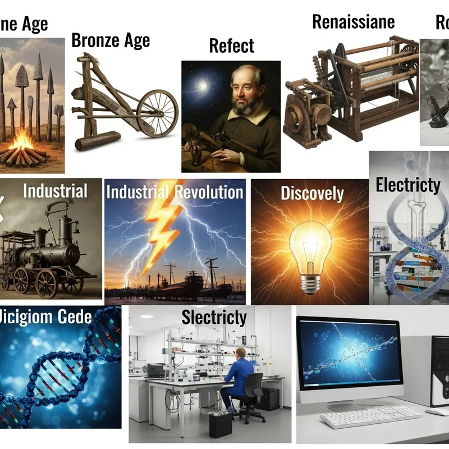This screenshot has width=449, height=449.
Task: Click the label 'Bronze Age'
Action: click(111, 40)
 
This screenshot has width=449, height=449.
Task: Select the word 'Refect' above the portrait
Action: click(231, 45)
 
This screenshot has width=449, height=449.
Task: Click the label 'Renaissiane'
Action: click(353, 22)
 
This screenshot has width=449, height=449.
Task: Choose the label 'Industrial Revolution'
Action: click(175, 192)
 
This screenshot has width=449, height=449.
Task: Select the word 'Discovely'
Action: click(312, 194)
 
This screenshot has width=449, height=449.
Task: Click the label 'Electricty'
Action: click(407, 185)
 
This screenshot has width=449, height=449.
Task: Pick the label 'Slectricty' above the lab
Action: click(214, 317)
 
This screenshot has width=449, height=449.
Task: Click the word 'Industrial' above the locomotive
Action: click(55, 191)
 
